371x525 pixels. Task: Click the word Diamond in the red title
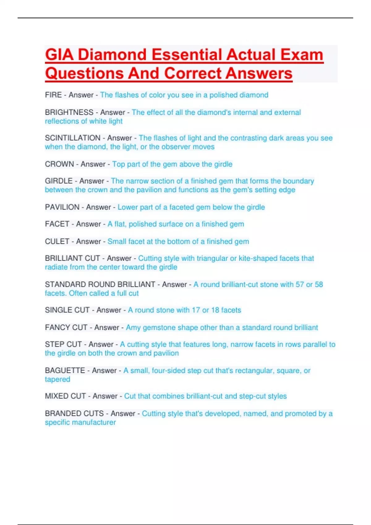click(112, 55)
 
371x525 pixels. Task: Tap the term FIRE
click(53, 95)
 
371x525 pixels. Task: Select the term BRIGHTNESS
click(69, 112)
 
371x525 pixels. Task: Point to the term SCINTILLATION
click(73, 138)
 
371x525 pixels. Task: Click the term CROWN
click(59, 164)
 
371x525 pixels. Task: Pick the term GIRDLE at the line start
click(59, 181)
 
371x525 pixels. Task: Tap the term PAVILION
click(62, 207)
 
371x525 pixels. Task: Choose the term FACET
click(57, 224)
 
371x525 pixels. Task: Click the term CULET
click(57, 241)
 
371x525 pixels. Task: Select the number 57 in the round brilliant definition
click(300, 284)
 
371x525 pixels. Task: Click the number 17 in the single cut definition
click(196, 310)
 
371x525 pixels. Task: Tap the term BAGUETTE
click(65, 370)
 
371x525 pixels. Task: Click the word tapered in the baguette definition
click(58, 379)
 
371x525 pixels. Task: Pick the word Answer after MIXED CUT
click(105, 396)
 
